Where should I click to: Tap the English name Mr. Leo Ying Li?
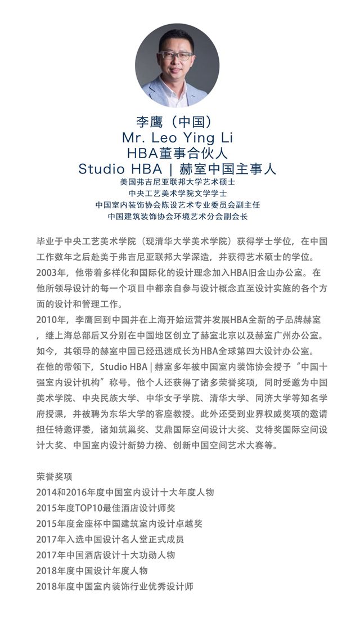[177, 138]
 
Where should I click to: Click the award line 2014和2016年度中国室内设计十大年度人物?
[124, 492]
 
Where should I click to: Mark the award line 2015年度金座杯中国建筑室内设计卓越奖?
[119, 524]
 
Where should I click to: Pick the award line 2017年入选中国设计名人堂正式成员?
[110, 539]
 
